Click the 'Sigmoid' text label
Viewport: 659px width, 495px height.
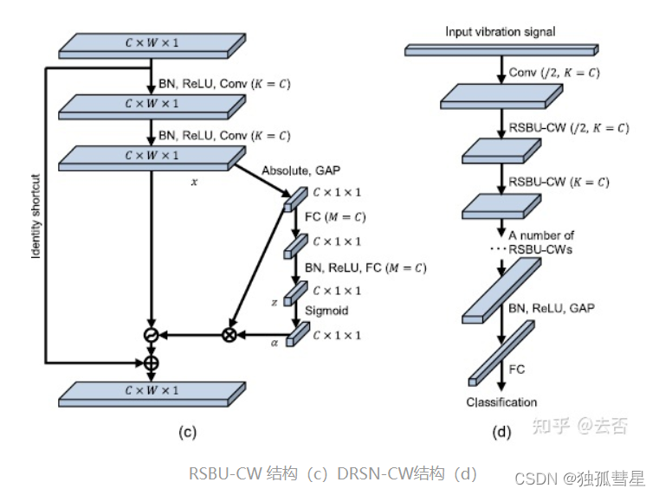pyautogui.click(x=330, y=309)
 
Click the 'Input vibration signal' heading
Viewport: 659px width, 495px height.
pyautogui.click(x=500, y=32)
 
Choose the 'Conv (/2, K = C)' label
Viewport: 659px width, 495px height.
pyautogui.click(x=555, y=73)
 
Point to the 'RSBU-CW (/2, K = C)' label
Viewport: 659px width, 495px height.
pyautogui.click(x=568, y=128)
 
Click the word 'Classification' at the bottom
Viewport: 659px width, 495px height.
pyautogui.click(x=501, y=402)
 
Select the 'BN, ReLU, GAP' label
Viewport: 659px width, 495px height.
pyautogui.click(x=552, y=308)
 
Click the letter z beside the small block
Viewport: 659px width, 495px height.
pyautogui.click(x=274, y=302)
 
